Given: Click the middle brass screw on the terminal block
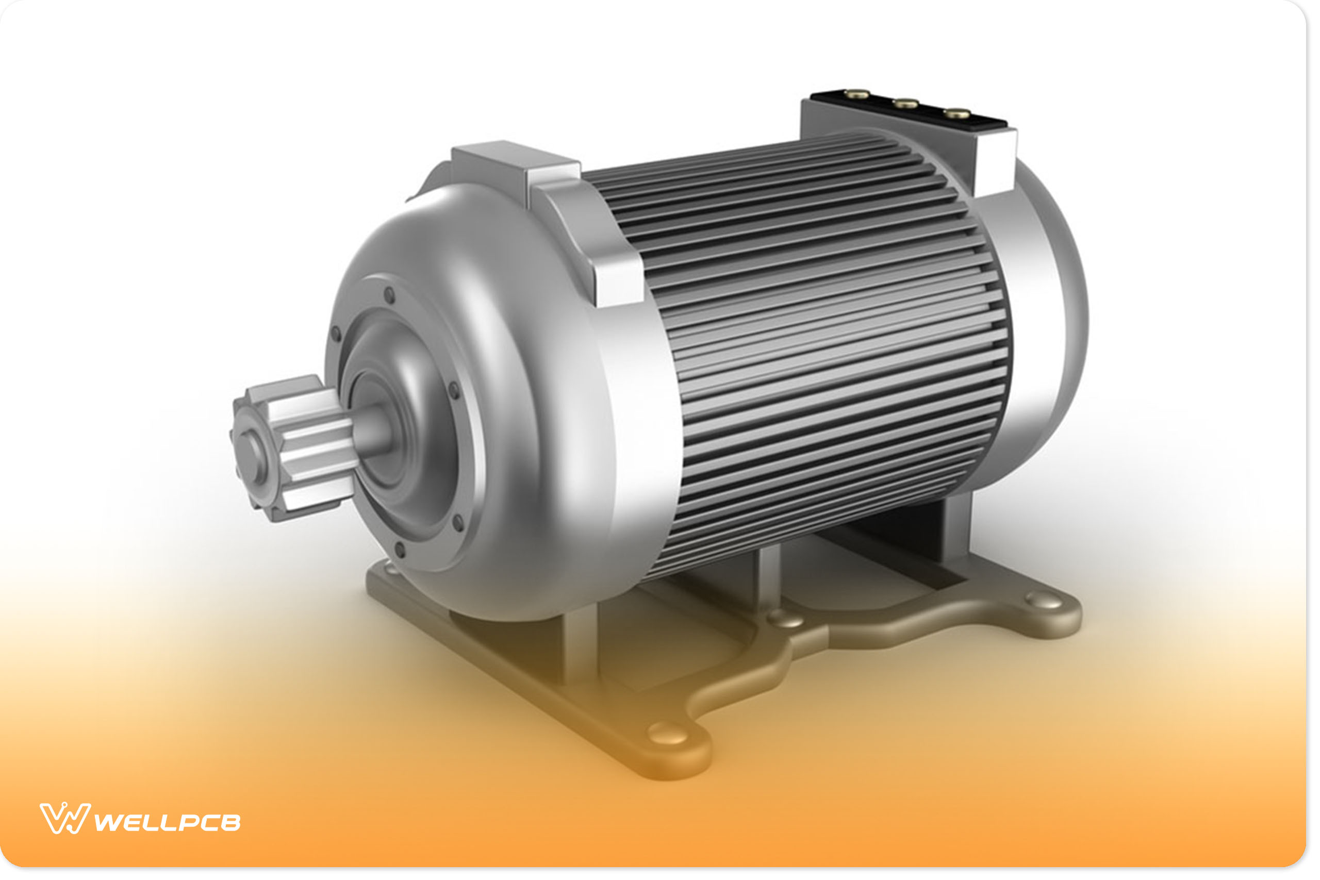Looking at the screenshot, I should (x=906, y=103).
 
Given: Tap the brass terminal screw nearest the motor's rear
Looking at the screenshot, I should (x=957, y=114).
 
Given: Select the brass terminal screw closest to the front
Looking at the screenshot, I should (x=857, y=94).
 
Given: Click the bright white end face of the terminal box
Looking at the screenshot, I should (x=997, y=162).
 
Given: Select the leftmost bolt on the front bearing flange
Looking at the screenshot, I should (x=336, y=334).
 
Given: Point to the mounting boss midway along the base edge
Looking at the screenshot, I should (x=786, y=619).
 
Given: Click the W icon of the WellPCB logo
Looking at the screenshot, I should (x=64, y=818).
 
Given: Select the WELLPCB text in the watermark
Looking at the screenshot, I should (x=167, y=823).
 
